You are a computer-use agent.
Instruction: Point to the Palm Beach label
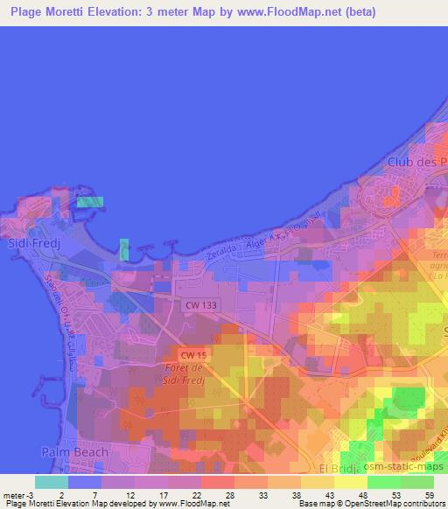75,452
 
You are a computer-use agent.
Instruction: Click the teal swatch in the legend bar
52,482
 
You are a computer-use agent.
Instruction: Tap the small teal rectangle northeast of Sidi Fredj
89,202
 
